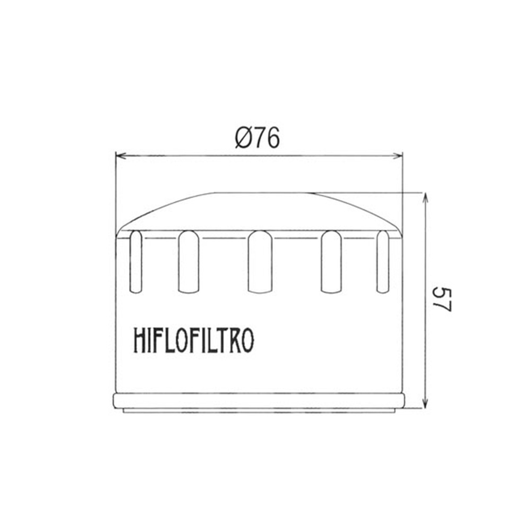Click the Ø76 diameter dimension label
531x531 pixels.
257,139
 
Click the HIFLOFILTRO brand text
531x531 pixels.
193,341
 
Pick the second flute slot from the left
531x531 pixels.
189,261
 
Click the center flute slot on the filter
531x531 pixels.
260,261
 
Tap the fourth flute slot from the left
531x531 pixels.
332,261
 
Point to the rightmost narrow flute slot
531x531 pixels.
383,261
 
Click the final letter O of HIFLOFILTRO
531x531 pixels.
246,341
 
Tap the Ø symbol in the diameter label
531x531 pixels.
242,139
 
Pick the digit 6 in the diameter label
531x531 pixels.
272,139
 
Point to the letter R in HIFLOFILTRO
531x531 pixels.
232,341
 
